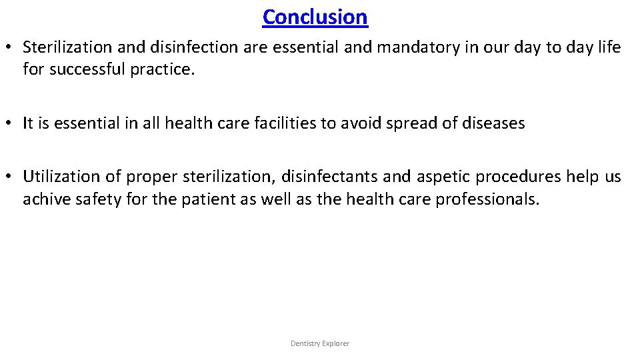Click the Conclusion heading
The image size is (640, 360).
point(315,17)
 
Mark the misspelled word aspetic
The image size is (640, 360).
point(442,177)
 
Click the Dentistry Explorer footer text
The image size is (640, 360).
point(320,343)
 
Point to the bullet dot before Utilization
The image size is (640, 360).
point(9,177)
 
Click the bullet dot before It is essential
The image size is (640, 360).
point(9,124)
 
